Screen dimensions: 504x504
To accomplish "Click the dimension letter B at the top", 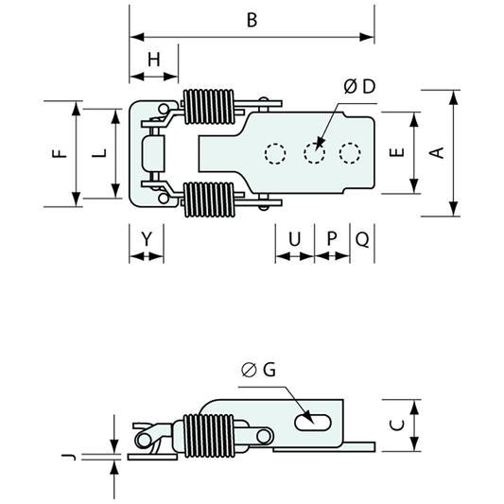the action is pos(252,20).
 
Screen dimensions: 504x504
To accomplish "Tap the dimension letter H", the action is pos(154,60).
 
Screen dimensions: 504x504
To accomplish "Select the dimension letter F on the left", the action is pos(60,153).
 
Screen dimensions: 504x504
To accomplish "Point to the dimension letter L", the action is pos(99,153).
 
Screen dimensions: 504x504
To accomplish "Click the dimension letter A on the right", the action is pos(437,152).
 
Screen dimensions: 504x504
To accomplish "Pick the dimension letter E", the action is pos(397,152).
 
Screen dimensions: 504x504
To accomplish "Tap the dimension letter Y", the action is pos(147,239).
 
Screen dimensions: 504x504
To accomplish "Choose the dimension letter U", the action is pos(294,239).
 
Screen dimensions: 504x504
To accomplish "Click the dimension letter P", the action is pos(332,239).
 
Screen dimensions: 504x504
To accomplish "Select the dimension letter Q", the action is pos(362,239).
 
